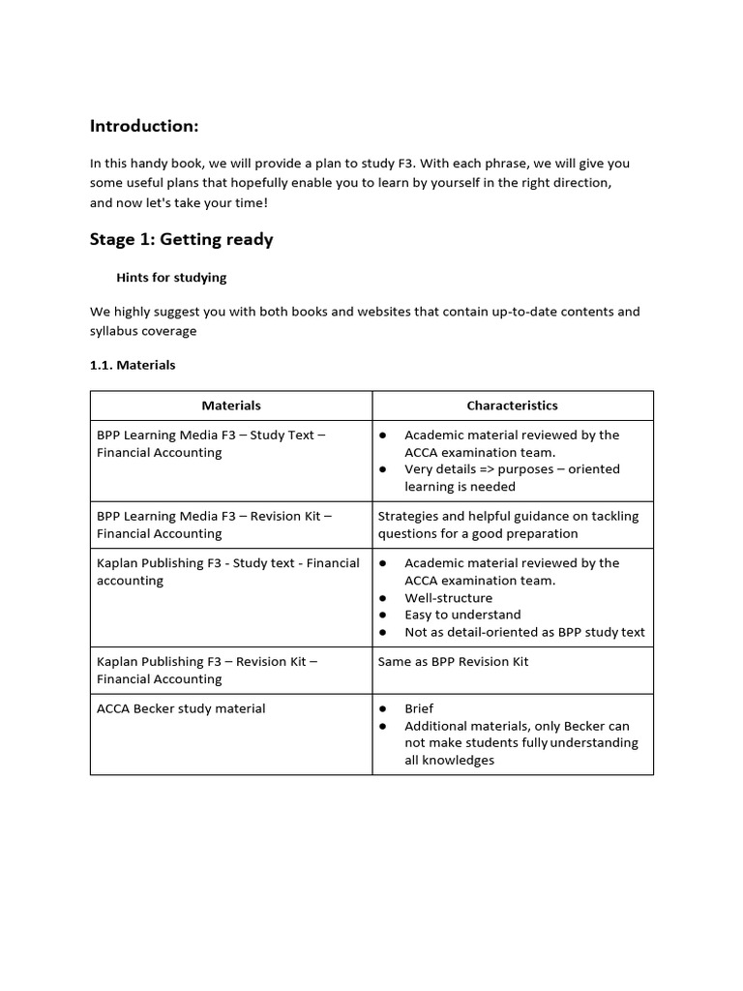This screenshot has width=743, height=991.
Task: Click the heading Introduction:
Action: (x=144, y=126)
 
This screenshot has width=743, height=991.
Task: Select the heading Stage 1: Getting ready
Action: (x=181, y=239)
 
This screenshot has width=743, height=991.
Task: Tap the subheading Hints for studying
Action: (x=171, y=278)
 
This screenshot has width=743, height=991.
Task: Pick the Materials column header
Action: (x=231, y=405)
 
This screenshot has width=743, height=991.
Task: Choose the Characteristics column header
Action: (x=512, y=405)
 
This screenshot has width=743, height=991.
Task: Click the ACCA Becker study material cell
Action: (x=181, y=708)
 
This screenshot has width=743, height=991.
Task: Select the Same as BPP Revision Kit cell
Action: (x=453, y=662)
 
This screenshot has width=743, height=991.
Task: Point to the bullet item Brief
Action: (x=419, y=708)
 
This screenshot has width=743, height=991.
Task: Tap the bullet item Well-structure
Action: (x=448, y=598)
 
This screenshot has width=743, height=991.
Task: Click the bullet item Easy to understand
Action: (x=462, y=615)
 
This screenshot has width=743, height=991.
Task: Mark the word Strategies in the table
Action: (x=406, y=517)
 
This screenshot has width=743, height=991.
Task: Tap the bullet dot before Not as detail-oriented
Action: (x=384, y=632)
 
